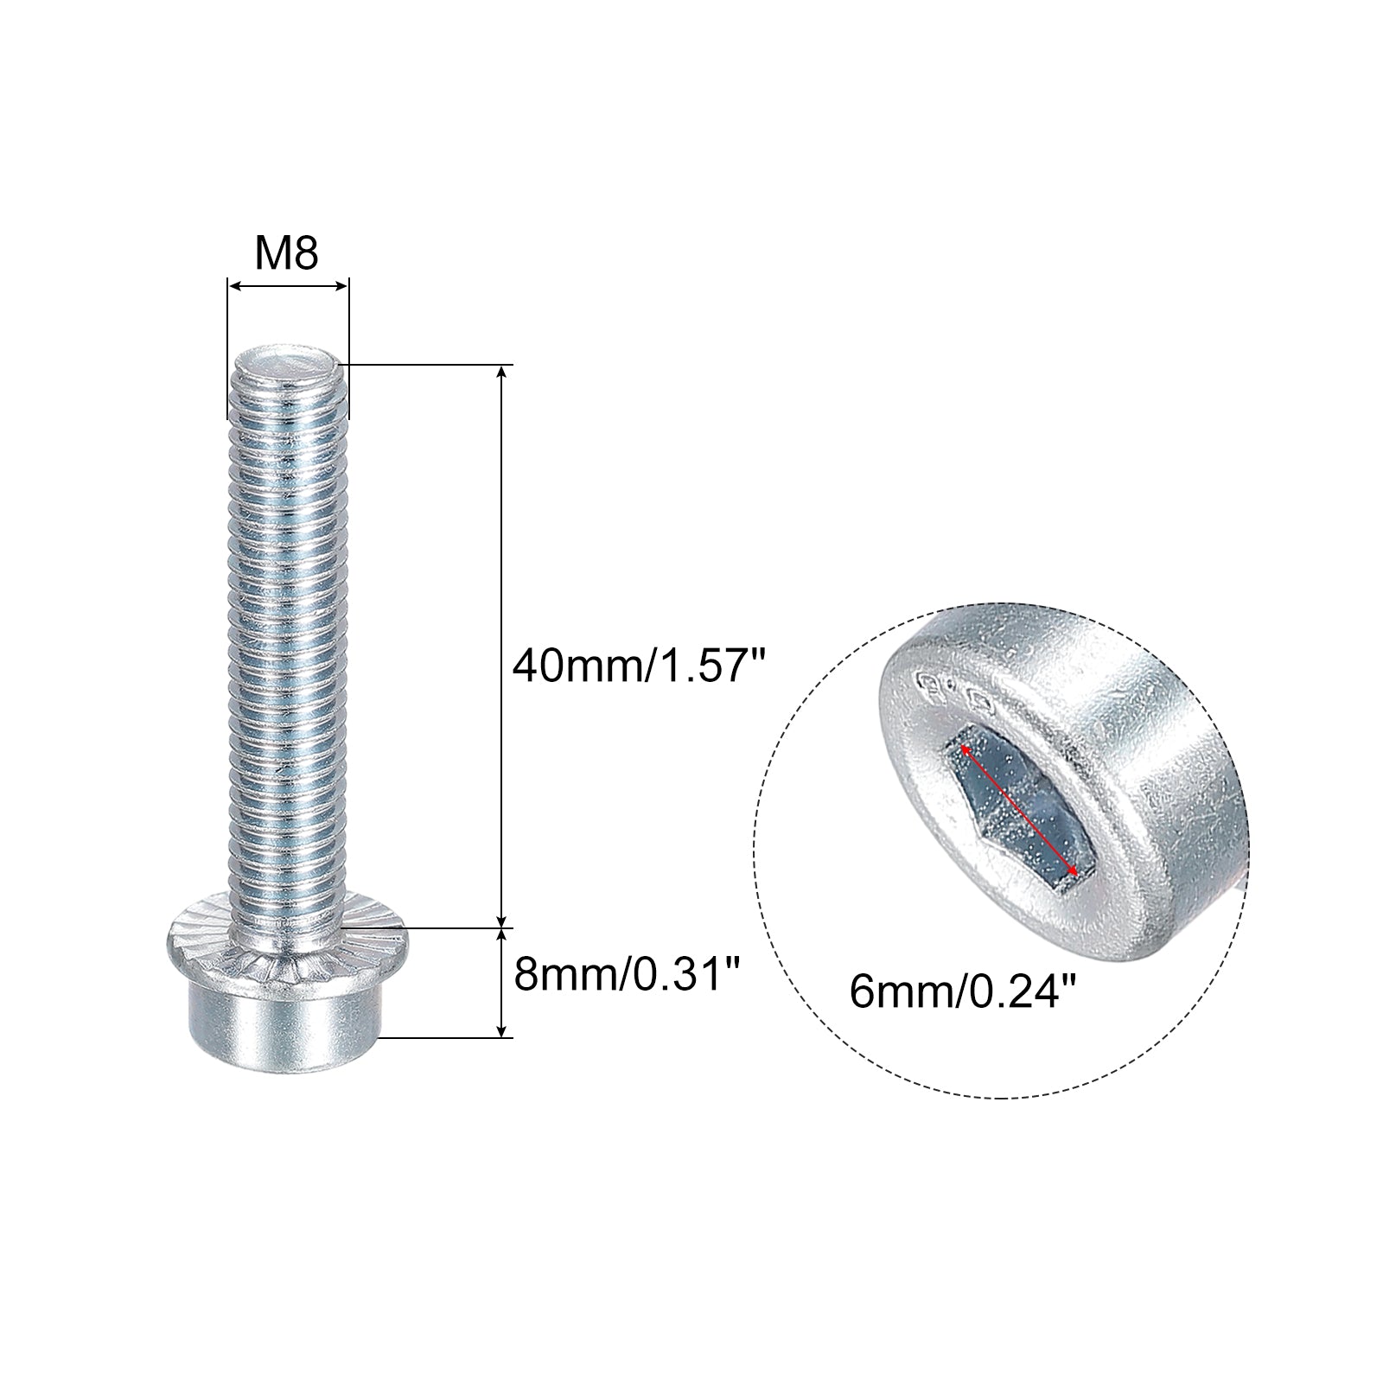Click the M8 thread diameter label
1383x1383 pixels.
286,254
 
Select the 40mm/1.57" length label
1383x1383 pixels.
640,667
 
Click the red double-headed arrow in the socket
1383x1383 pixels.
1017,801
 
